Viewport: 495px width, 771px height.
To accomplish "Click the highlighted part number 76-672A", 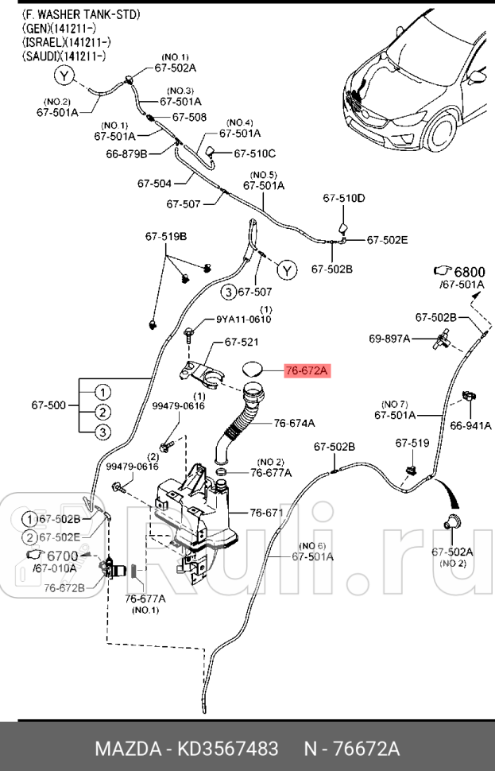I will tap(306, 370).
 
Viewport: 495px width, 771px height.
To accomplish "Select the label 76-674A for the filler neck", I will tap(294, 424).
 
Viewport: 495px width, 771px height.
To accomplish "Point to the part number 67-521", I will tap(242, 343).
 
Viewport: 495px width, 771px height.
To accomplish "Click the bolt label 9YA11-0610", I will tap(244, 320).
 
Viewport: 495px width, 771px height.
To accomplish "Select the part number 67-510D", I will tap(344, 198).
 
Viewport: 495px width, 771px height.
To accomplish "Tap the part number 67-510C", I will tap(254, 153).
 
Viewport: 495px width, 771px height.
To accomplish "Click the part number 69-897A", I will tap(389, 339).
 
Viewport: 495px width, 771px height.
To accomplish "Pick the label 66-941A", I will tap(471, 425).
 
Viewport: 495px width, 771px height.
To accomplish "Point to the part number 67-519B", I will tap(165, 237).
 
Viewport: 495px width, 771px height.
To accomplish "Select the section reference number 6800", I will tap(470, 271).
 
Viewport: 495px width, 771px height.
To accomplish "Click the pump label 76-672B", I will tap(64, 588).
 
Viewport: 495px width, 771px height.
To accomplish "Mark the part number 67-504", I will tap(154, 184).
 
